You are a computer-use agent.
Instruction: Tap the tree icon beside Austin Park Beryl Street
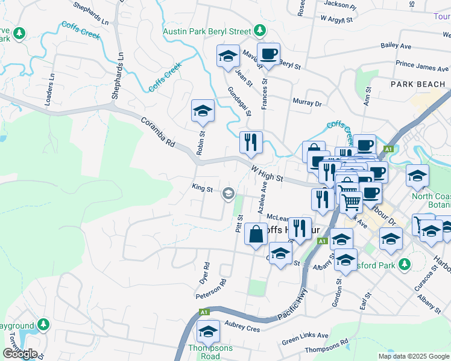(259, 30)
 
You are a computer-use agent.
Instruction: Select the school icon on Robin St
(203, 111)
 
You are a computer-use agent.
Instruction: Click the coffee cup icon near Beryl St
(268, 55)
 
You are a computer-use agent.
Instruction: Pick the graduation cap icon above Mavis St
(228, 57)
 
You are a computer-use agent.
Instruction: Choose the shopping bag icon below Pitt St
(256, 234)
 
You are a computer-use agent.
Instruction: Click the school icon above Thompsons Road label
(208, 332)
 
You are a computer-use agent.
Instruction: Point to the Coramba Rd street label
(157, 132)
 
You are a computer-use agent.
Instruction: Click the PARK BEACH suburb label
(417, 84)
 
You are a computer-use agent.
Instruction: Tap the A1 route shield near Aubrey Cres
(204, 312)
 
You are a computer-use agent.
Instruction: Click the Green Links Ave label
(305, 338)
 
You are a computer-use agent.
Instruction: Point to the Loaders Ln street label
(50, 91)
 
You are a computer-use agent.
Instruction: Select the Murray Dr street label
(307, 103)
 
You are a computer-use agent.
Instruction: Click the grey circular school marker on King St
(229, 193)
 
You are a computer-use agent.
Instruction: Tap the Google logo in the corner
(19, 353)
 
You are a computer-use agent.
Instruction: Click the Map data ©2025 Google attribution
(413, 356)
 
